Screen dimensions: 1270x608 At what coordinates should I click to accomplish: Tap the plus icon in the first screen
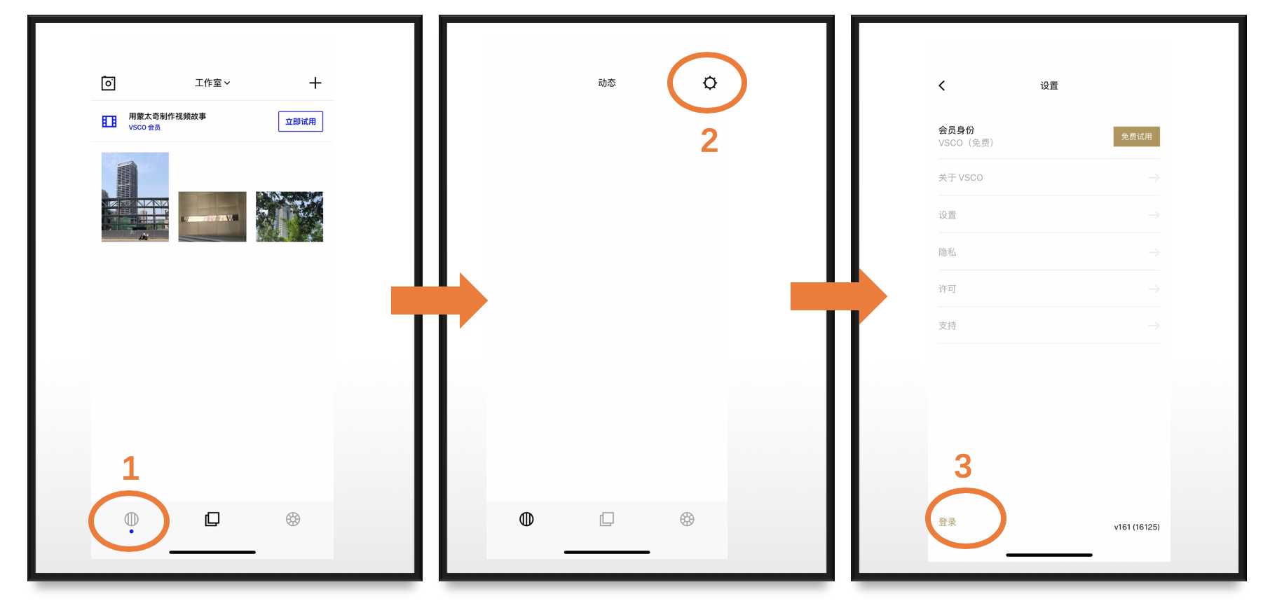[x=315, y=83]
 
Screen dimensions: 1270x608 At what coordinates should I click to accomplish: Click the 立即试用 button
[x=301, y=121]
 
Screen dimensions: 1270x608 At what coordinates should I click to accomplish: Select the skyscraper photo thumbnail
[x=135, y=197]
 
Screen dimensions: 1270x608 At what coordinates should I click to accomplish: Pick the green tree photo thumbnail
[x=289, y=216]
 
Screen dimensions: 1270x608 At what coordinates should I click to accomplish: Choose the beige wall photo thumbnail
[x=212, y=216]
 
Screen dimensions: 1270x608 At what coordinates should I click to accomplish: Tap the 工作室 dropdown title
[x=212, y=83]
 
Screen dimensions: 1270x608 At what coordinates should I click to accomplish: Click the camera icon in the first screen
[x=108, y=83]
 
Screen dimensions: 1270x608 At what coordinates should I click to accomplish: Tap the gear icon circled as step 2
[x=710, y=83]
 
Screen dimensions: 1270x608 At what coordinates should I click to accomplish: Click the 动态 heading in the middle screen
[x=607, y=83]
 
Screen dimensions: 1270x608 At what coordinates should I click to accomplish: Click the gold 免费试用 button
[x=1136, y=137]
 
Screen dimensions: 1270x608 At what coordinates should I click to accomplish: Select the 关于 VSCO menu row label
[x=961, y=178]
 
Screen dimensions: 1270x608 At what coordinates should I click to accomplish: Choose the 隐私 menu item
[x=948, y=252]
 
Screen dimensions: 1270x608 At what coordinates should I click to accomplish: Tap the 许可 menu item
[x=948, y=289]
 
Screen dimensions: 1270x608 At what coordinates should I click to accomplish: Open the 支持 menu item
[x=948, y=326]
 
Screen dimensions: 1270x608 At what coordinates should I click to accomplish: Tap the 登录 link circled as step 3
[x=948, y=522]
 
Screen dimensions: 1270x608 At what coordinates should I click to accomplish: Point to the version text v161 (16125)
[x=1137, y=527]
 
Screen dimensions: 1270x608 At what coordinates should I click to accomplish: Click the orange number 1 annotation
[x=130, y=468]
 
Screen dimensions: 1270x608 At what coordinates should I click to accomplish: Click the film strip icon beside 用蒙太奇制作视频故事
[x=109, y=121]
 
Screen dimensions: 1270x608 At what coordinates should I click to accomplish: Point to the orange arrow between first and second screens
[x=439, y=300]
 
